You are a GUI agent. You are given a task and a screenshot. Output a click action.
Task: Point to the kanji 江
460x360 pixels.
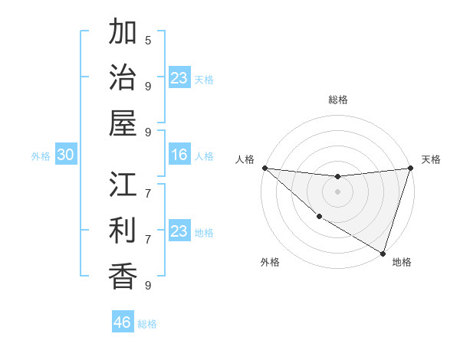click(x=123, y=185)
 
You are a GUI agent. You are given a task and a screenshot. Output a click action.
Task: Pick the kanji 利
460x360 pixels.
click(x=123, y=231)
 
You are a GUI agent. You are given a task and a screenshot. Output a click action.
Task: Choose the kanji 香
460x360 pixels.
click(x=123, y=276)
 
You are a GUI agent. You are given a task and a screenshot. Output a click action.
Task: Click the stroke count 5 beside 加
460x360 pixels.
click(x=148, y=40)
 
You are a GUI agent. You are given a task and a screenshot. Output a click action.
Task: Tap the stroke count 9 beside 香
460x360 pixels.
click(x=148, y=285)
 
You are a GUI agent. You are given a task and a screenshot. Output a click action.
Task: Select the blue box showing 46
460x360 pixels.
click(x=123, y=322)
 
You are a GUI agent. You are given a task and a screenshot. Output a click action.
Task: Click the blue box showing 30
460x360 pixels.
click(x=65, y=155)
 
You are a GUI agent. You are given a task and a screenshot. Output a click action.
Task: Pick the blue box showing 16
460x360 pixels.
click(x=179, y=155)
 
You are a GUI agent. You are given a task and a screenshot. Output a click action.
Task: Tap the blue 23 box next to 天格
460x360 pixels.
click(x=179, y=78)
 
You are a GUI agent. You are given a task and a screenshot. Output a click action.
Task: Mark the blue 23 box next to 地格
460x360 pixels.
click(x=179, y=231)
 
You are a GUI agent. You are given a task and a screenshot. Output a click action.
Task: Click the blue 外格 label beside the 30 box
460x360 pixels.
click(x=41, y=156)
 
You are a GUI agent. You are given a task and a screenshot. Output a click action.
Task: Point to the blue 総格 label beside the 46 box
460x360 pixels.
click(x=147, y=324)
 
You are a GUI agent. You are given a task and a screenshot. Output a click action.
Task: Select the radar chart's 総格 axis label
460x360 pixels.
click(x=337, y=100)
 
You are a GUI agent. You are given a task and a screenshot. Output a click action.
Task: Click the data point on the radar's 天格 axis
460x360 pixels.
click(x=410, y=168)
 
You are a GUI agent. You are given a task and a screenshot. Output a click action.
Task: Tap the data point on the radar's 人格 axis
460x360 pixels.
click(x=264, y=168)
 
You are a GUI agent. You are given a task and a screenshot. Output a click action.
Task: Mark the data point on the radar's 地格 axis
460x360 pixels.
click(x=383, y=254)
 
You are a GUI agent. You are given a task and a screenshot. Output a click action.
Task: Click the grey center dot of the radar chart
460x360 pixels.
click(x=337, y=191)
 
